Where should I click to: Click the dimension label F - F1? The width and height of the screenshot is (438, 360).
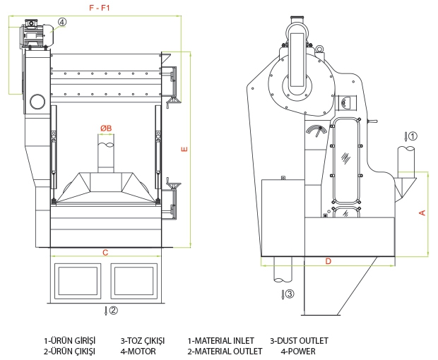[x=100, y=8]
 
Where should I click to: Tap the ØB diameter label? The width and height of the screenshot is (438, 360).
[x=106, y=128]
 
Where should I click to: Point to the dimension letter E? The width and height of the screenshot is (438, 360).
[x=184, y=150]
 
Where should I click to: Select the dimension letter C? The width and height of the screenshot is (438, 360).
[x=105, y=253]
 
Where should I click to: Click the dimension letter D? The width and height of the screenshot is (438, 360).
[x=328, y=261]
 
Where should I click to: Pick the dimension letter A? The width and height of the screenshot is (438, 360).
[x=422, y=213]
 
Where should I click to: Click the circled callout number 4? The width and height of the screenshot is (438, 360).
[x=62, y=22]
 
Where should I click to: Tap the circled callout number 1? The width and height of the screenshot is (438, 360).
[x=413, y=136]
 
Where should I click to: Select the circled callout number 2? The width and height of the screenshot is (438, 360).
[x=113, y=310]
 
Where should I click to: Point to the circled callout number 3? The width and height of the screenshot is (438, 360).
[x=290, y=294]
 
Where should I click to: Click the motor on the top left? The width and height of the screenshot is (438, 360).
[x=37, y=34]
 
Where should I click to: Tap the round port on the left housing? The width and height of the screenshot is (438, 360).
[x=37, y=102]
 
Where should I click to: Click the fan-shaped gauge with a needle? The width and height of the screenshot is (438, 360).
[x=316, y=131]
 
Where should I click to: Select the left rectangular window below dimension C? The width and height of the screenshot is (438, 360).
[x=78, y=281]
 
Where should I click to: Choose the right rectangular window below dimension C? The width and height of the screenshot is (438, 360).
[x=134, y=281]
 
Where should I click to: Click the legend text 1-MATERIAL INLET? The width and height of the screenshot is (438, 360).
[x=220, y=341]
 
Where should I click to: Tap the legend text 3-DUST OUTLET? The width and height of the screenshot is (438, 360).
[x=299, y=341]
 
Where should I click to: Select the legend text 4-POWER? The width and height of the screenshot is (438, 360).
[x=298, y=351]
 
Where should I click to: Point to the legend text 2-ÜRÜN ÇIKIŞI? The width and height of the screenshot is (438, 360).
[x=69, y=351]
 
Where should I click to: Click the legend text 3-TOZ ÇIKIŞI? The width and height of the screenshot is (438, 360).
[x=143, y=341]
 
